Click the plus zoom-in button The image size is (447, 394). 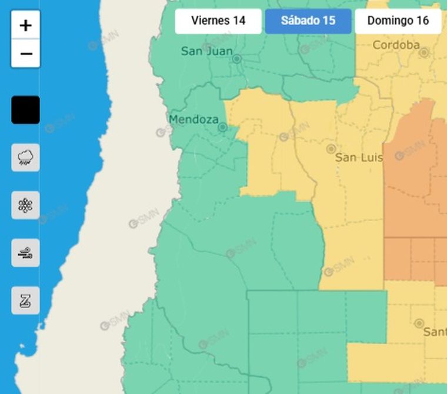[25, 25]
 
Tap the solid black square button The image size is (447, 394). [25, 110]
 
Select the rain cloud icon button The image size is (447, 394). [25, 158]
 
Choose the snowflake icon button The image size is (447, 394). [25, 205]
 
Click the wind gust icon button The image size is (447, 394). [25, 253]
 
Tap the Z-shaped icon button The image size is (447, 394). [25, 300]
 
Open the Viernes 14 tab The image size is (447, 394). [218, 21]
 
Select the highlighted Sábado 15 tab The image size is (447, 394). [308, 21]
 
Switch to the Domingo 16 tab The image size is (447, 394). [398, 21]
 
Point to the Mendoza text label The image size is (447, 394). [193, 119]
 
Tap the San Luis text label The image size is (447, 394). [359, 158]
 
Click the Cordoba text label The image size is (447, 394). [396, 45]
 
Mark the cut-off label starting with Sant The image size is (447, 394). [435, 332]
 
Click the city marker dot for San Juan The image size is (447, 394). [237, 59]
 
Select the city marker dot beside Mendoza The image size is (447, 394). [222, 127]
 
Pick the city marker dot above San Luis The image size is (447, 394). [331, 149]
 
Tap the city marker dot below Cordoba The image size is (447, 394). [423, 52]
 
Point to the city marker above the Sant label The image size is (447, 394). [419, 323]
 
